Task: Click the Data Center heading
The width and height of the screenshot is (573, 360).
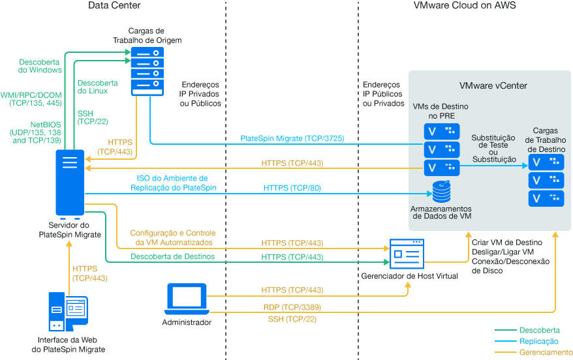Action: tap(114, 6)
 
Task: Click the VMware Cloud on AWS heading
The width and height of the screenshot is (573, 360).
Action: tap(465, 6)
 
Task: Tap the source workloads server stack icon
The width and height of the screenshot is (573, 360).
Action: tap(149, 70)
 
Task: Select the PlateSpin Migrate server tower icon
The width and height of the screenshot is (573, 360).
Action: tap(70, 183)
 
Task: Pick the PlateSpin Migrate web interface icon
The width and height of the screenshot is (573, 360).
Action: tap(67, 311)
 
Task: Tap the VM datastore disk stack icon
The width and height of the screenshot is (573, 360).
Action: tap(441, 192)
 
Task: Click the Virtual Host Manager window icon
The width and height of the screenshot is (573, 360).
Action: tap(407, 254)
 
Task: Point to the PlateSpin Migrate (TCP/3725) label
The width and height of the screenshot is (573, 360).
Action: tap(292, 138)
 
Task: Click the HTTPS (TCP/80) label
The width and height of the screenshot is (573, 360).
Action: tap(292, 188)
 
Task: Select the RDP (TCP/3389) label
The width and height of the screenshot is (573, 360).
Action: tap(292, 307)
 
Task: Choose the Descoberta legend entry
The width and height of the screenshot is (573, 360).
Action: tap(539, 331)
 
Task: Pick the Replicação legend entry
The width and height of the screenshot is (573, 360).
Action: tap(538, 341)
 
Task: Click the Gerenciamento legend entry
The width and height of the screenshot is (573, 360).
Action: tap(546, 352)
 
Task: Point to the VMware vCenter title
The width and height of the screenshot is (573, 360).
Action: tap(493, 85)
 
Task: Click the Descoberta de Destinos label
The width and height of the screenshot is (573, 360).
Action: tap(172, 256)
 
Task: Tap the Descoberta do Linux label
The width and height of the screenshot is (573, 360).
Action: tap(97, 87)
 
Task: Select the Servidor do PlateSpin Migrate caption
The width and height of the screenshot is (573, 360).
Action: tap(70, 230)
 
